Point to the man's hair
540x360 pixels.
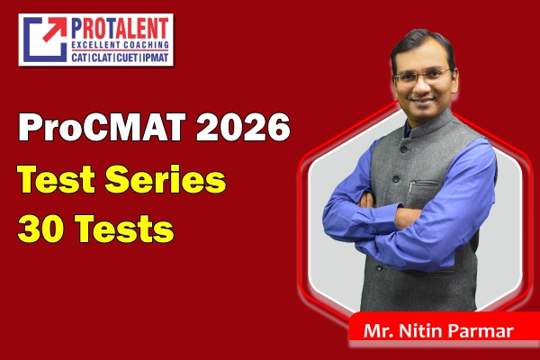(421, 40)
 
